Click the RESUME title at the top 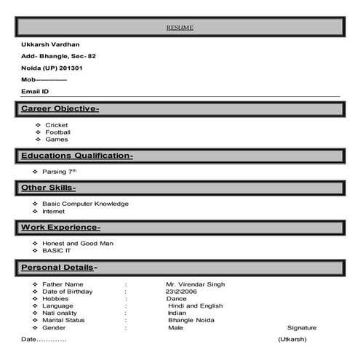pos(180,28)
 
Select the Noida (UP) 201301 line pos(52,68)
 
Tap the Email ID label pos(35,91)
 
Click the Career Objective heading pos(60,109)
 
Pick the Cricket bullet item pos(56,125)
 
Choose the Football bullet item pos(57,132)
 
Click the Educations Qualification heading pos(76,156)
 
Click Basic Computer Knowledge pos(85,204)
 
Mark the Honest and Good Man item pos(78,243)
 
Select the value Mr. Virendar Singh pos(196,284)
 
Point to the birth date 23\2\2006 pos(182,291)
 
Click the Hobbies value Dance pos(176,298)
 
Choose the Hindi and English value pos(195,306)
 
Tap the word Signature pos(302,328)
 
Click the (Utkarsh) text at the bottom pos(292,340)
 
